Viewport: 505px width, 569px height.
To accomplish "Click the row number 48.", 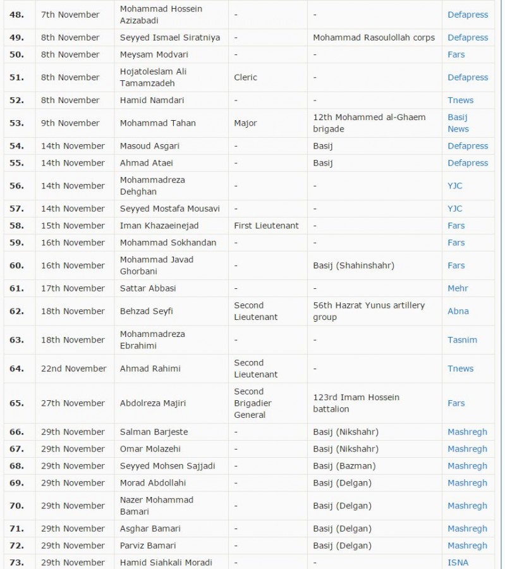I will point(16,15).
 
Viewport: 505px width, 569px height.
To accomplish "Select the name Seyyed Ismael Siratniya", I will point(170,38).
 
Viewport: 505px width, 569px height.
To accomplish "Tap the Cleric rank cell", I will point(245,77).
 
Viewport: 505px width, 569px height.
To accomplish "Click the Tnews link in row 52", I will point(460,100).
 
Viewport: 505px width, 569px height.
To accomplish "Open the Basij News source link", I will point(458,123).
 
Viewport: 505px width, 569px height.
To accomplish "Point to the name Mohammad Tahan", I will point(158,123).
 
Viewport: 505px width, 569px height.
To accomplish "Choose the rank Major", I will point(245,123).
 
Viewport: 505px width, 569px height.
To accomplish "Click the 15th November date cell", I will point(73,226).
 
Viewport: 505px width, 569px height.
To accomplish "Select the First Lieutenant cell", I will point(266,226).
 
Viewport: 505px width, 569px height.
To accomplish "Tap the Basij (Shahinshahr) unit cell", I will point(353,266).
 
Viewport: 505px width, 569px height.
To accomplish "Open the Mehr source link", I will point(458,288).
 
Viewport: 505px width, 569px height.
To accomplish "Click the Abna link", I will point(458,311).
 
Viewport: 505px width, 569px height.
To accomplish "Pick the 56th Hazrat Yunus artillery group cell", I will point(368,311).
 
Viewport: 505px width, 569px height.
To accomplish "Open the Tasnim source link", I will point(462,340).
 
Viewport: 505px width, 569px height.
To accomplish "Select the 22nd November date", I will point(74,369).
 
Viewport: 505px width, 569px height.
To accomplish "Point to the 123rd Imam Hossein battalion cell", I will point(356,403).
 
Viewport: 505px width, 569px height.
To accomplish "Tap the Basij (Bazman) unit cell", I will point(344,466).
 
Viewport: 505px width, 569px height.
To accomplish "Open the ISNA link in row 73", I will point(458,562).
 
